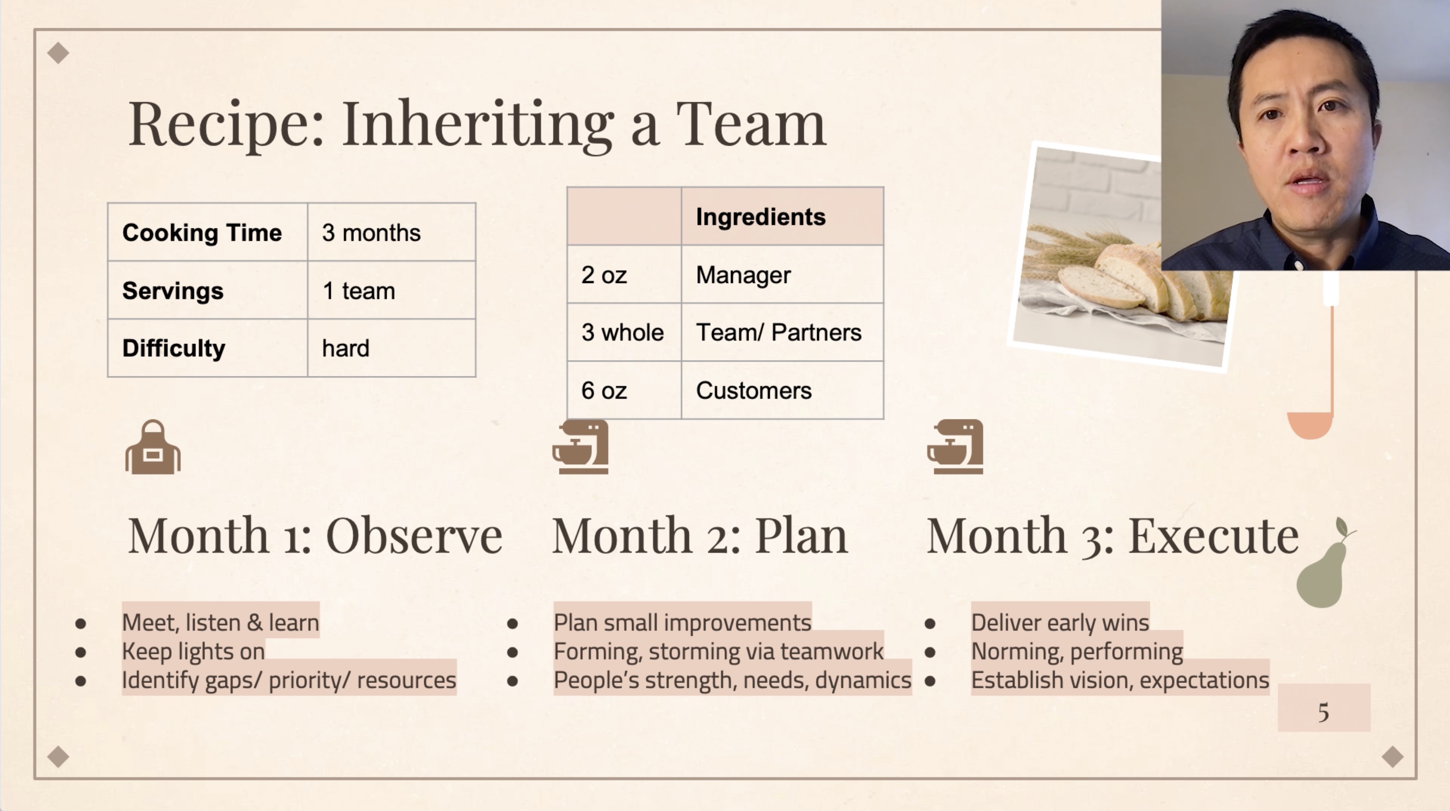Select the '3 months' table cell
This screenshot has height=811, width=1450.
[x=392, y=232]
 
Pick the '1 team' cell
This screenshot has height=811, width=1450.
[x=392, y=290]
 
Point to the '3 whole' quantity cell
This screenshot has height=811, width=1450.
[x=624, y=332]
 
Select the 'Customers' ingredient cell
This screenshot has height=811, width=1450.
[x=782, y=390]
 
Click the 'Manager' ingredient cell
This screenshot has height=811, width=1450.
[x=782, y=275]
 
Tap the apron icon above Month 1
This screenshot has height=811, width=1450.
[x=153, y=447]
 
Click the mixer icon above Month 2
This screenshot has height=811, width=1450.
[x=580, y=447]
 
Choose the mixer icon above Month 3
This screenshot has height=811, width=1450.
[x=955, y=447]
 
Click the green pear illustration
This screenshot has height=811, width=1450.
[x=1323, y=568]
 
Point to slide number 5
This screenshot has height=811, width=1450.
[x=1323, y=712]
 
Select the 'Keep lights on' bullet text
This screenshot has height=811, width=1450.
[x=193, y=651]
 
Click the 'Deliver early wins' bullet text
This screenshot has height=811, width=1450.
[x=1060, y=623]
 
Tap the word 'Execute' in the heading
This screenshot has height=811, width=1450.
[x=1214, y=535]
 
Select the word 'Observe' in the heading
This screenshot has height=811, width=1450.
[x=414, y=535]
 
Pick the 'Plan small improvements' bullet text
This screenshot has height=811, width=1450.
[x=682, y=623]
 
